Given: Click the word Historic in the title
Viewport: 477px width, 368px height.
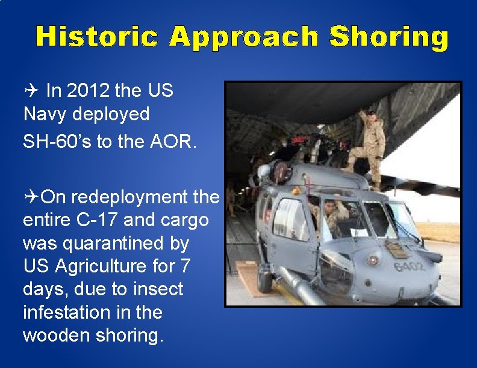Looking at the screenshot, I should point(97,37).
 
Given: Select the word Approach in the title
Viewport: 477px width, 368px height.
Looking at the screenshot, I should point(243,37).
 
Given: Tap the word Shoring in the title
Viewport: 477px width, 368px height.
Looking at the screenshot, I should point(390,37).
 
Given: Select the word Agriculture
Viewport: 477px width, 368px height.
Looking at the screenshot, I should point(111,266).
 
